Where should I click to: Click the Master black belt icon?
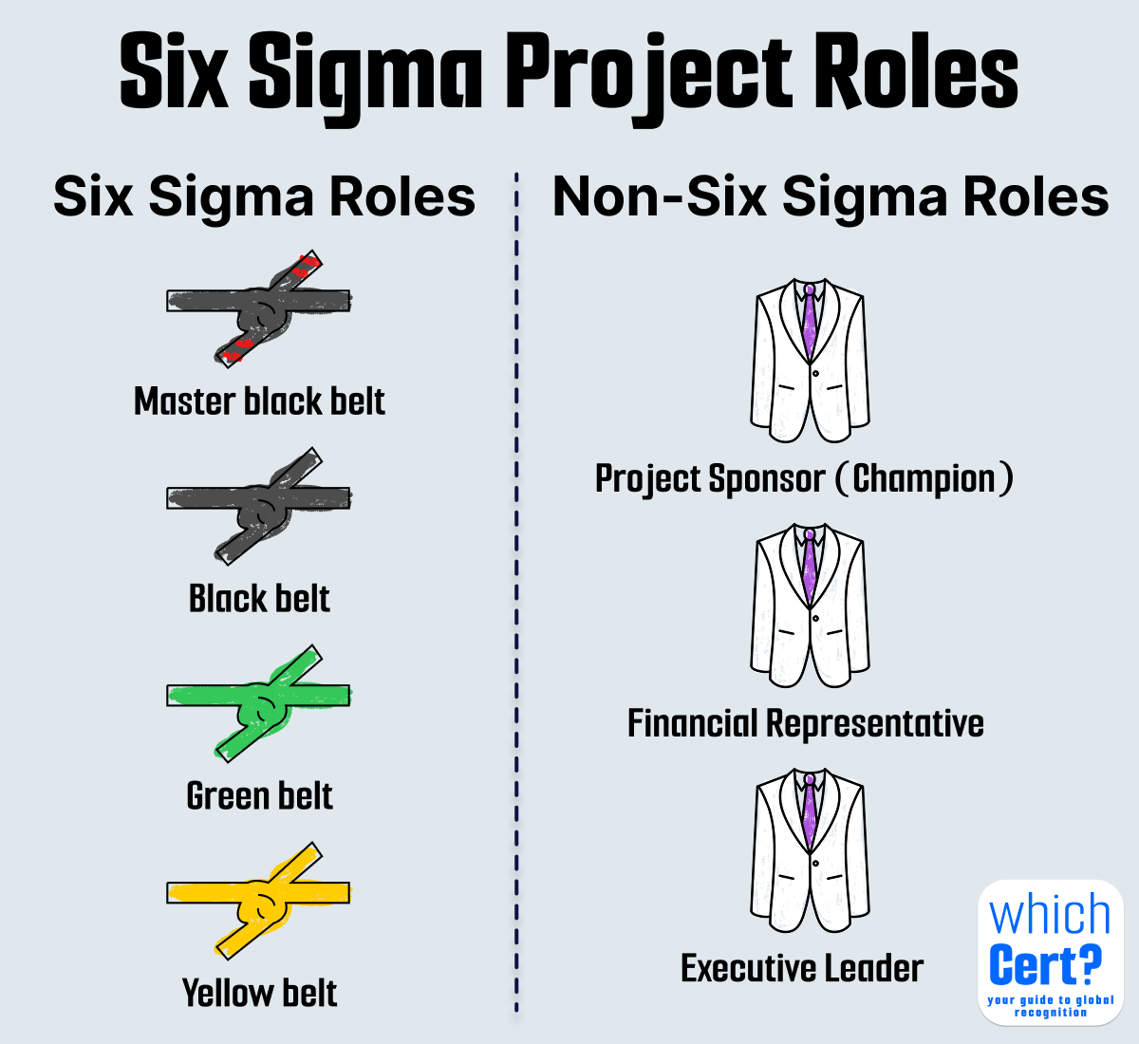pyautogui.click(x=258, y=308)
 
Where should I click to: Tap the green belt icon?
pyautogui.click(x=258, y=701)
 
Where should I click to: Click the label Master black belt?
pyautogui.click(x=259, y=401)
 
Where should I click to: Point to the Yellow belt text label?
pyautogui.click(x=259, y=994)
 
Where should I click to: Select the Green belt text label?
pyautogui.click(x=259, y=796)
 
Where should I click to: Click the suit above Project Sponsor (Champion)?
pyautogui.click(x=810, y=361)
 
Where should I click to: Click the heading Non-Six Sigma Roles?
pyautogui.click(x=831, y=197)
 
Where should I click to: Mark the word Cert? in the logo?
pyautogui.click(x=1045, y=966)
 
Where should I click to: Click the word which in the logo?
pyautogui.click(x=1050, y=915)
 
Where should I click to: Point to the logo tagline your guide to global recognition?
pyautogui.click(x=1051, y=1006)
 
